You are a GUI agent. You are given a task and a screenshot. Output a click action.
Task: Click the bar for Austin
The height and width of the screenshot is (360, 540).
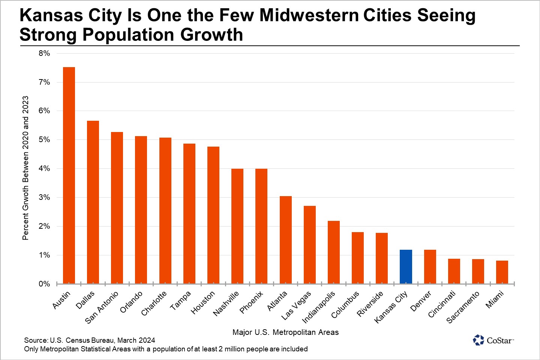[x=69, y=175]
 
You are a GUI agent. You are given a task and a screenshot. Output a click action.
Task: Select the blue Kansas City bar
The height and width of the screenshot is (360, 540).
[x=406, y=267]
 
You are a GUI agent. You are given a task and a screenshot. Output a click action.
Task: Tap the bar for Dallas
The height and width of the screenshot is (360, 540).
[x=93, y=202]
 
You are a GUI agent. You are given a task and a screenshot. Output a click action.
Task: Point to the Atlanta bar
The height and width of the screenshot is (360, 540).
[x=285, y=240]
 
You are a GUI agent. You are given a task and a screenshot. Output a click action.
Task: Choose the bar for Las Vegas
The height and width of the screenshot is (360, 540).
[x=310, y=244]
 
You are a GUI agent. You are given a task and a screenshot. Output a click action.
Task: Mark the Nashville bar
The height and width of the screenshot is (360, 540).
[x=237, y=226]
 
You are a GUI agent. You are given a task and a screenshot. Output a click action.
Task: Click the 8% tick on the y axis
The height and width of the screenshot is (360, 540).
[x=44, y=53]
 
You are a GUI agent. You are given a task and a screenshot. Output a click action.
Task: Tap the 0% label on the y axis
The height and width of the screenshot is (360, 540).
[x=44, y=284]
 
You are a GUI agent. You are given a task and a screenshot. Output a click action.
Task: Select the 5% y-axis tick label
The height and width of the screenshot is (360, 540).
[x=44, y=139]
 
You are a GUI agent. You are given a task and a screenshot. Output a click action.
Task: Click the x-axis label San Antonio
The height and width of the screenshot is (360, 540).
[x=102, y=307]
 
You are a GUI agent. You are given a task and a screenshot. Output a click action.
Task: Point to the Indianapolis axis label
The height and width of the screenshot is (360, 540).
[x=318, y=307]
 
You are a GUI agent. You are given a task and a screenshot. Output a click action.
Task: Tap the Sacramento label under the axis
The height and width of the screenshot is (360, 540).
[x=463, y=307]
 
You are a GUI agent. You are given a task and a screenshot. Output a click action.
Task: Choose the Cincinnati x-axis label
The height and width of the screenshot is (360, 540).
[x=442, y=304]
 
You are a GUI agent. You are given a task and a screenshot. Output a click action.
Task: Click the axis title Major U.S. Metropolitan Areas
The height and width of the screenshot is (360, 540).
[x=285, y=332]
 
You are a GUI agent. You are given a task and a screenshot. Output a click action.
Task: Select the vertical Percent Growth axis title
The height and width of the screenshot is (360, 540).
[x=25, y=168]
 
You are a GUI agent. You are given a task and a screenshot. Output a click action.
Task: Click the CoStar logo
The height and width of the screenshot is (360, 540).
[x=493, y=340]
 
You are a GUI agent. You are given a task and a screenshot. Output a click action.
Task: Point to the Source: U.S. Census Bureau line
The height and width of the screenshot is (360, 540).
[x=90, y=340]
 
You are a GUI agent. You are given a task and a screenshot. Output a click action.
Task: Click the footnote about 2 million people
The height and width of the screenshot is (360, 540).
[x=166, y=349]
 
